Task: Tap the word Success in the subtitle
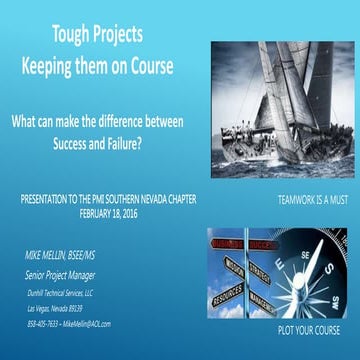[x=72, y=143]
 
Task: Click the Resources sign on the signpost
[x=229, y=296]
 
